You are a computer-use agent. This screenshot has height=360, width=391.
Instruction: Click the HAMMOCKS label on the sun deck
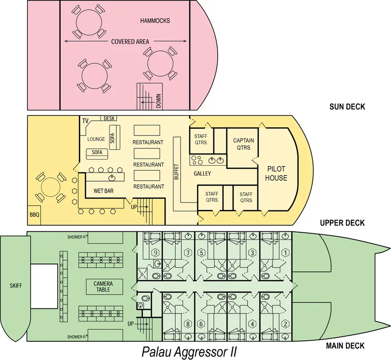(x=155, y=21)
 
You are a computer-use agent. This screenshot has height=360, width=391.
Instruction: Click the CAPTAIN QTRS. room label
(x=243, y=143)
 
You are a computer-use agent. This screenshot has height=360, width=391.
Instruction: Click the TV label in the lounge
(x=85, y=120)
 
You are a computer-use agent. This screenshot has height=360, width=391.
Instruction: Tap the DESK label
(x=109, y=119)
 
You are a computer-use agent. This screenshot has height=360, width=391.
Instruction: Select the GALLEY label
(x=202, y=174)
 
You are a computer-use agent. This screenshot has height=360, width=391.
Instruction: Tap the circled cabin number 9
(x=156, y=253)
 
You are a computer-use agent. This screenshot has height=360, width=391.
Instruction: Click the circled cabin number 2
(x=286, y=324)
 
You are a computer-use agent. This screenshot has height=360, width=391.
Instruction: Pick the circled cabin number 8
(x=188, y=324)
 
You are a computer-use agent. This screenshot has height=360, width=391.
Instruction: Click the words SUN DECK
(x=347, y=107)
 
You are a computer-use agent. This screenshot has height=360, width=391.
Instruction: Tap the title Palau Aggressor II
(x=189, y=352)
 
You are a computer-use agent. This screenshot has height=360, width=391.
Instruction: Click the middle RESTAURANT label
(x=148, y=165)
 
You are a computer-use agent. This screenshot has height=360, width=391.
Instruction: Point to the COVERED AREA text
(x=130, y=42)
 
